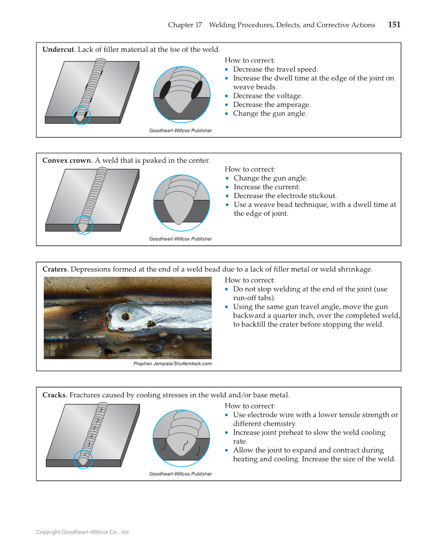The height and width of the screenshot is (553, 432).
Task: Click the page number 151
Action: click(x=394, y=24)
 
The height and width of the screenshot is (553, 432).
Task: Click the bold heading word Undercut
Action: click(x=59, y=49)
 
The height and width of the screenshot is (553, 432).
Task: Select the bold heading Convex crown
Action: click(x=67, y=160)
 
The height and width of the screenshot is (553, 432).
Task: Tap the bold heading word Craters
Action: click(x=55, y=269)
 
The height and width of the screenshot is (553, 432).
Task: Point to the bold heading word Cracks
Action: click(x=54, y=395)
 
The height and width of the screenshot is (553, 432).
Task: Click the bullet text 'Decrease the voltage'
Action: click(x=267, y=96)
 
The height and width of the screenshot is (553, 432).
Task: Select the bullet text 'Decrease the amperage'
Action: click(x=271, y=105)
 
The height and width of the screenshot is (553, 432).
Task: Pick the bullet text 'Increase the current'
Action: click(x=267, y=187)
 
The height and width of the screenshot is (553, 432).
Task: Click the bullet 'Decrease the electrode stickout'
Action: click(x=285, y=196)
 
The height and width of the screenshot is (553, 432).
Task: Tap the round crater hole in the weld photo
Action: click(x=125, y=316)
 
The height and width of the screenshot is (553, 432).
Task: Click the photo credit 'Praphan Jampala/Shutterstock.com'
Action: click(x=172, y=364)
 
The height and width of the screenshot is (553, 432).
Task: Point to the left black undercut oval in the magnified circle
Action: click(x=165, y=90)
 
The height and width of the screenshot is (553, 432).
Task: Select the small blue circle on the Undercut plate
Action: click(x=81, y=116)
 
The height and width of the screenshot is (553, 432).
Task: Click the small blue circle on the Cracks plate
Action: click(x=83, y=459)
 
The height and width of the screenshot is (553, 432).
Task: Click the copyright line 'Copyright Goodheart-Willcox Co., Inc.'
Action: click(x=83, y=532)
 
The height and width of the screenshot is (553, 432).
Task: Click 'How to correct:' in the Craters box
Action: click(x=250, y=280)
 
